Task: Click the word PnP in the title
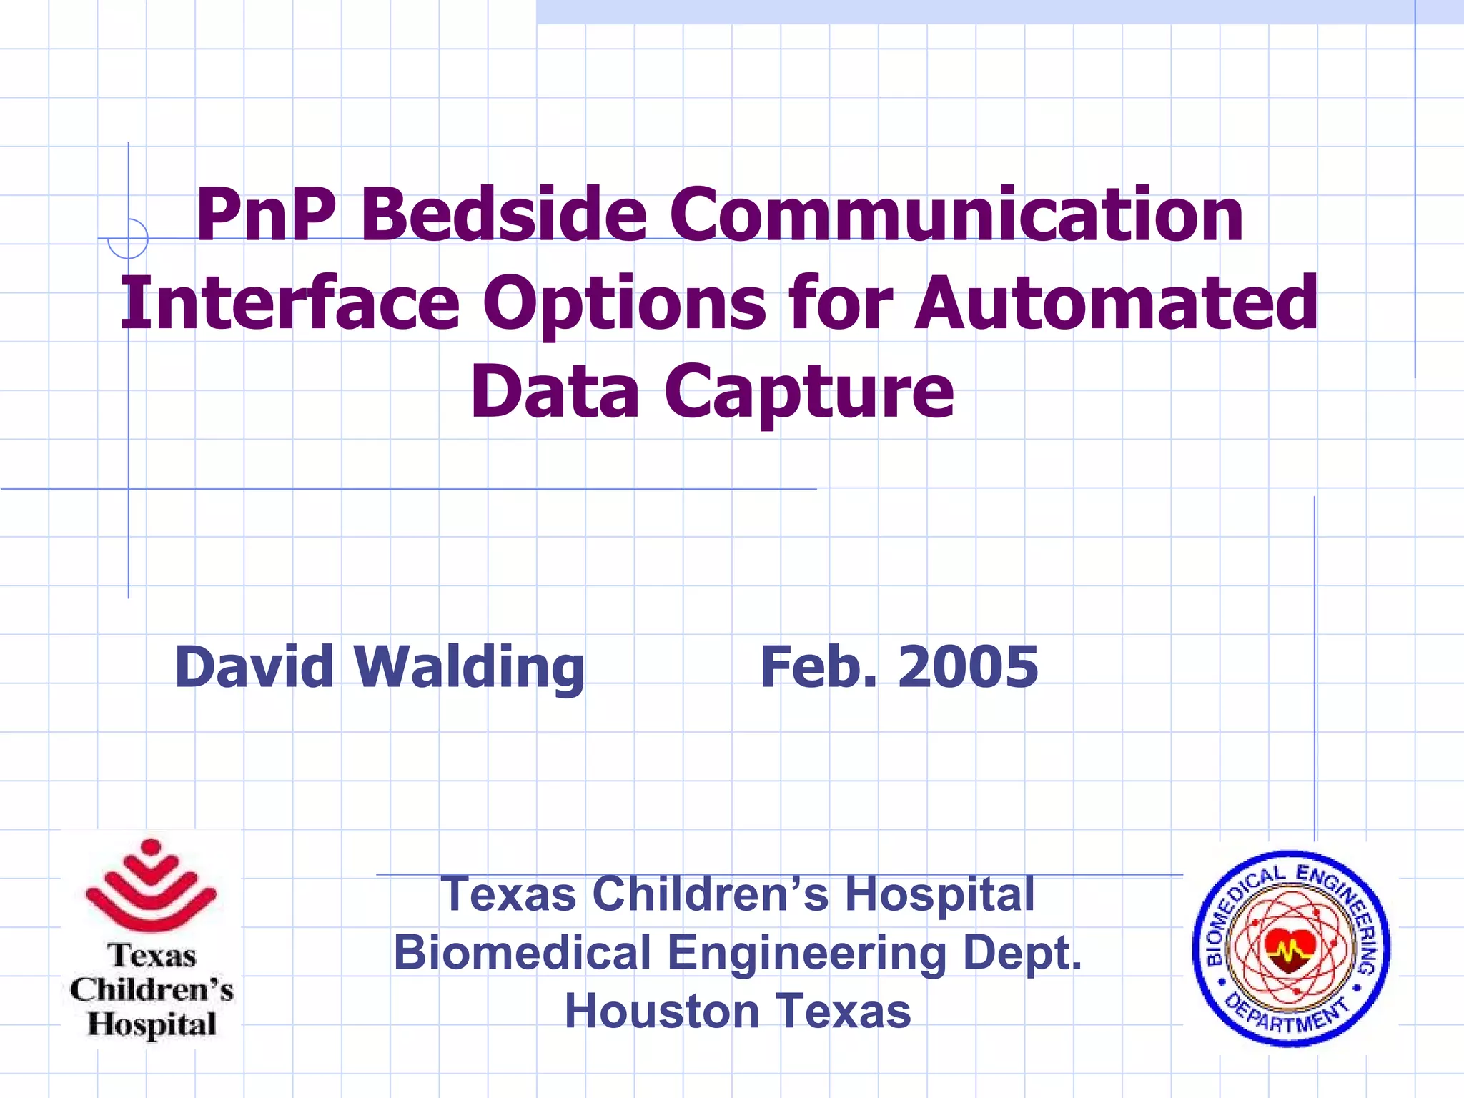tap(265, 214)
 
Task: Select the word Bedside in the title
tap(504, 214)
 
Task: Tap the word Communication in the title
tap(956, 214)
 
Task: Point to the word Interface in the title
tap(290, 303)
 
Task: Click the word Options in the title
tap(624, 303)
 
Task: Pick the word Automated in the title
tap(1116, 303)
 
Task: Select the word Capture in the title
tap(809, 392)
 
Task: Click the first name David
tap(254, 666)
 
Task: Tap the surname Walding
tap(470, 666)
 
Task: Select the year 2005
tap(968, 666)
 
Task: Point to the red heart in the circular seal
tap(1290, 949)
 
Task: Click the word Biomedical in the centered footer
tap(522, 953)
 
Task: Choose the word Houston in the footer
tap(662, 1012)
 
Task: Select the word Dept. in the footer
tap(1022, 953)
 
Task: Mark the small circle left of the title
tap(128, 238)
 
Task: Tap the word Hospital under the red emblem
tap(152, 1024)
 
